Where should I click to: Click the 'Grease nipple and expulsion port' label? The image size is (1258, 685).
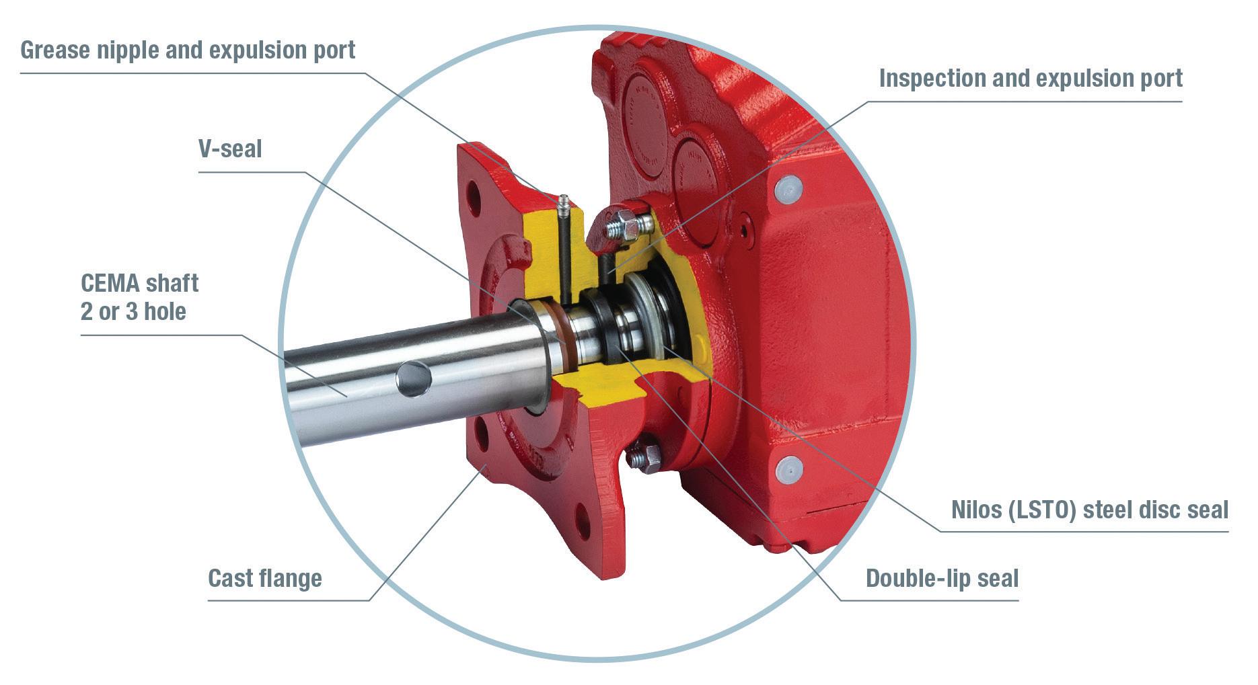pyautogui.click(x=188, y=50)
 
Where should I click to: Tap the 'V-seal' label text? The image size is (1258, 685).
pyautogui.click(x=230, y=149)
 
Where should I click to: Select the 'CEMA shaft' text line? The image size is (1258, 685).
pyautogui.click(x=139, y=283)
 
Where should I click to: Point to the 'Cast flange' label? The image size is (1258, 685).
pyautogui.click(x=265, y=578)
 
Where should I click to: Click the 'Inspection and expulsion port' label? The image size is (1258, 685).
pyautogui.click(x=1031, y=78)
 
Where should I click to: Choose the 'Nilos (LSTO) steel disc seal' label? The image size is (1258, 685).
pyautogui.click(x=1090, y=510)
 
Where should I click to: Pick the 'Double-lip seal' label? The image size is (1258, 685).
pyautogui.click(x=942, y=578)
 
